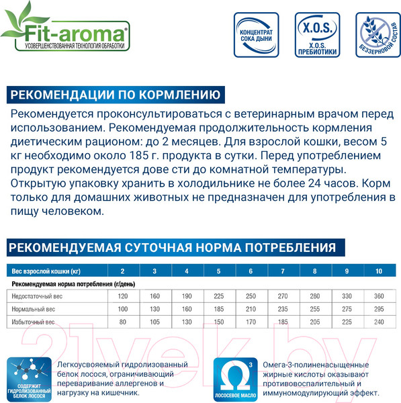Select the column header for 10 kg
tap(379, 271)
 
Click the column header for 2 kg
tap(122, 271)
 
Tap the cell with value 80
tap(122, 322)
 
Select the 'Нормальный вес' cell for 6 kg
tap(251, 310)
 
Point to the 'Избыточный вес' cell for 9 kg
tap(347, 322)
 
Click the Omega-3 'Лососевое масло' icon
tap(234, 378)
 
